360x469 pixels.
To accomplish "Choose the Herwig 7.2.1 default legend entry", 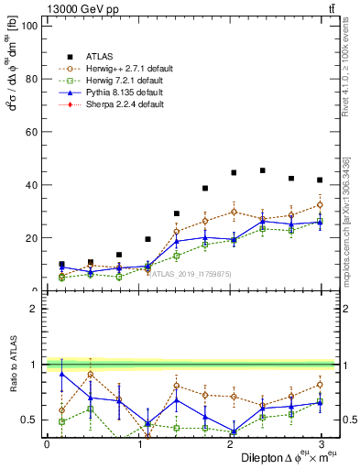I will (x=115, y=79).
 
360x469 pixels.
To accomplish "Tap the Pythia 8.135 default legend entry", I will (x=114, y=92).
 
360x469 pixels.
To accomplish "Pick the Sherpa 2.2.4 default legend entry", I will (x=114, y=104).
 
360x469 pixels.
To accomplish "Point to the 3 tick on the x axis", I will (x=320, y=443).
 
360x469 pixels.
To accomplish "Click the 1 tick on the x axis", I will (x=138, y=443).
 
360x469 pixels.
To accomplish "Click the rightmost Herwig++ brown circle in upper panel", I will (x=320, y=204).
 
